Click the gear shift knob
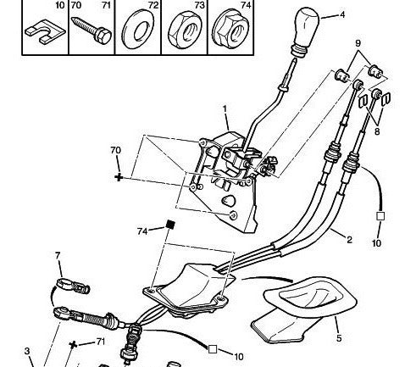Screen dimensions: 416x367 click(x=306, y=31)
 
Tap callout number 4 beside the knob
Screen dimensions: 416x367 click(x=342, y=14)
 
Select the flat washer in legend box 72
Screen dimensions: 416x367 click(x=138, y=30)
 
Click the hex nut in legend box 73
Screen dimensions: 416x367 click(x=185, y=29)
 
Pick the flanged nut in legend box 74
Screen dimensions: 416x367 click(x=231, y=29)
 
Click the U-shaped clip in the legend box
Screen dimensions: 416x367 click(x=45, y=32)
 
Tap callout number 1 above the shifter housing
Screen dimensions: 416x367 click(x=225, y=109)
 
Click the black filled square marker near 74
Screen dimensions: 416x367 click(x=170, y=225)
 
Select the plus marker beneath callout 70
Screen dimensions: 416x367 click(x=119, y=177)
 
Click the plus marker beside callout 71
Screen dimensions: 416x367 click(x=73, y=345)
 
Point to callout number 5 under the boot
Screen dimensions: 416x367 click(x=339, y=338)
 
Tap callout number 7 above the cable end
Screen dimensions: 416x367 click(x=58, y=256)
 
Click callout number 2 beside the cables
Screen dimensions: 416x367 click(x=349, y=240)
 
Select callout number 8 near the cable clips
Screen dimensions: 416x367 click(x=377, y=131)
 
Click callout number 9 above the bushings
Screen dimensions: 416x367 click(x=358, y=43)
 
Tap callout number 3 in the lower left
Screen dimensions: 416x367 click(x=27, y=351)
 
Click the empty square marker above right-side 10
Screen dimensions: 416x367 click(x=380, y=216)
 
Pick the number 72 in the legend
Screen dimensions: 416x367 click(x=153, y=5)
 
